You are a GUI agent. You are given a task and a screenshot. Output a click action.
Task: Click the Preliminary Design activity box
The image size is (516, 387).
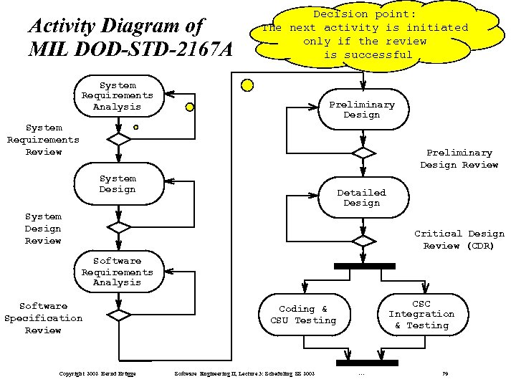[x=363, y=110]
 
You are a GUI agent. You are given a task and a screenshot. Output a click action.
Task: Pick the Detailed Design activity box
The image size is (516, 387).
[x=363, y=198]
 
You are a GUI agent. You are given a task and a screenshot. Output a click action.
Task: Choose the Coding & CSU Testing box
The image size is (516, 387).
[x=303, y=315]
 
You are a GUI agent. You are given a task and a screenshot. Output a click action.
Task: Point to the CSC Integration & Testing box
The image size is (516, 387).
[x=421, y=314]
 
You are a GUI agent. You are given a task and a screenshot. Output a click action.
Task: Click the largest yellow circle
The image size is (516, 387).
[x=247, y=85]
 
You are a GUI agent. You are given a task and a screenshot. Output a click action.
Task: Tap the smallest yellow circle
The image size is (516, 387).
[x=135, y=128]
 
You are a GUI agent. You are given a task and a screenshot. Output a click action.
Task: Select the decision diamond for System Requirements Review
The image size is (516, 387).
[x=118, y=139]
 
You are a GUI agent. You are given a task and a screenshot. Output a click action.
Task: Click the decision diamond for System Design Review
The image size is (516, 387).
[x=118, y=227]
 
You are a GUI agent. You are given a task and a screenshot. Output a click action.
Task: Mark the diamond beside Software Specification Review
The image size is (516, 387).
[x=118, y=315]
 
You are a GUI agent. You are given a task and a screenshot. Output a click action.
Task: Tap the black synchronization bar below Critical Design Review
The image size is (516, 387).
[x=364, y=266]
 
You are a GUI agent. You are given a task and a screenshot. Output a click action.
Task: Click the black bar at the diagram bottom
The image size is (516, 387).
[x=366, y=363]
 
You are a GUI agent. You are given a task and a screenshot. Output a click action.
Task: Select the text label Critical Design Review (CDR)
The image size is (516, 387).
[x=459, y=240]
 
